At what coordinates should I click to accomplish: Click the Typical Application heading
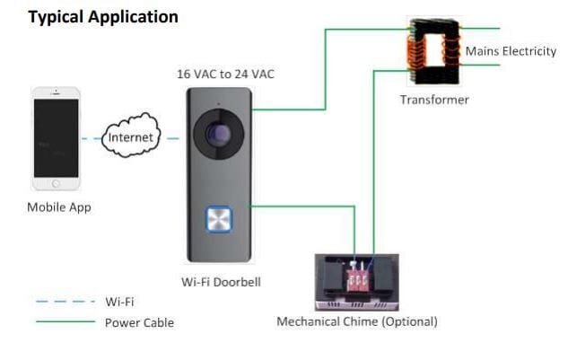coord(103,17)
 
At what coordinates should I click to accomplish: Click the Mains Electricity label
coord(511,51)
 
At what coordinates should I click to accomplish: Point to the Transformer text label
coord(434,100)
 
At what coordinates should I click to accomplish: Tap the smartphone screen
coord(56,137)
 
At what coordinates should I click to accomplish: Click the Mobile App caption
coord(58,207)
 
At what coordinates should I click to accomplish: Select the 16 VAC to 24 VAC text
coord(225,75)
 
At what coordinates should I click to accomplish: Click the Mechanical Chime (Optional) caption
coord(357,321)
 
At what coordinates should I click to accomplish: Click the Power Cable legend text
coord(139,322)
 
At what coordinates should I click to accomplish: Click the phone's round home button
coord(56,183)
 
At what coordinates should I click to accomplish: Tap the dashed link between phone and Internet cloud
coord(91,138)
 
